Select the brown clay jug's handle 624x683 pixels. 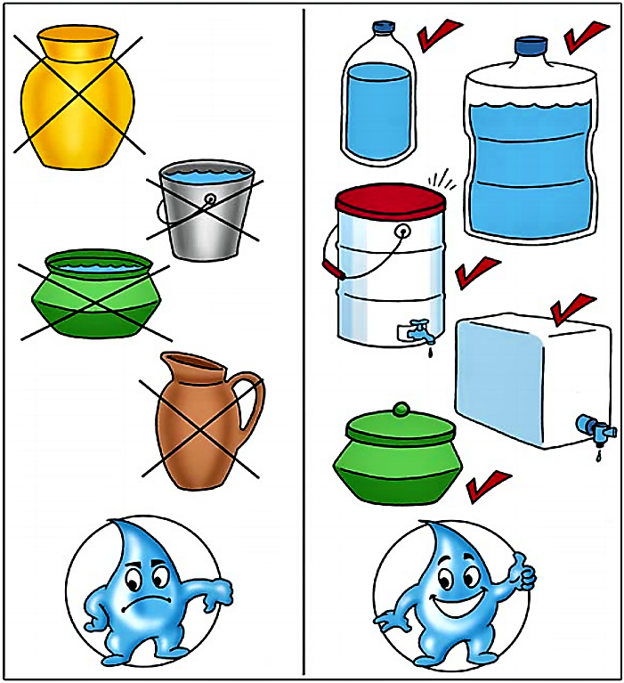251,409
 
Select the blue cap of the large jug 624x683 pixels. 531,45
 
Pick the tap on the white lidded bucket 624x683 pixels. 417,332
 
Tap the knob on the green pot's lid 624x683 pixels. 400,411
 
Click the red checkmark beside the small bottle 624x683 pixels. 441,36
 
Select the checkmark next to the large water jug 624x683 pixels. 587,33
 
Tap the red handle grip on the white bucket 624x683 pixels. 335,268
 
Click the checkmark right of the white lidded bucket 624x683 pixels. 476,272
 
